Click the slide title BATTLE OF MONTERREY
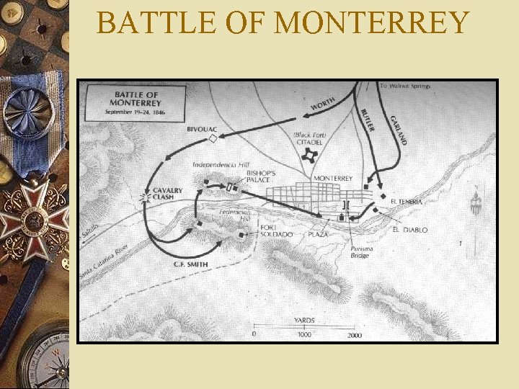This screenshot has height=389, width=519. click(283, 22)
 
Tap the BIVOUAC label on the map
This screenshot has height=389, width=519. click(202, 129)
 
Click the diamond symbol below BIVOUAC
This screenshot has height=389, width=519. click(213, 138)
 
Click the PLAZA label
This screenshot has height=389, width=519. click(318, 235)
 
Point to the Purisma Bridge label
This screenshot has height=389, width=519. click(360, 252)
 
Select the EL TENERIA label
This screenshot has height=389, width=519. click(406, 202)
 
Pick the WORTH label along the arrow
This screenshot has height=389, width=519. click(322, 104)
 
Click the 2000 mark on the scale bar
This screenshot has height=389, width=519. click(354, 335)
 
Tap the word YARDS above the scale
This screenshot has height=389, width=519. click(303, 320)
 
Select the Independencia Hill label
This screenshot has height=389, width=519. click(221, 164)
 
